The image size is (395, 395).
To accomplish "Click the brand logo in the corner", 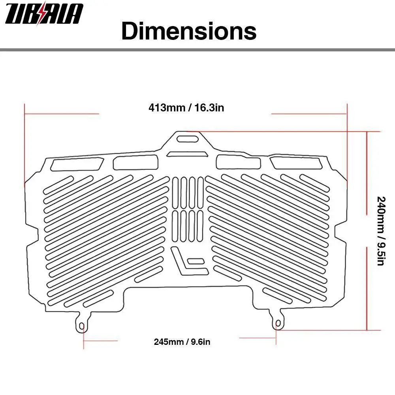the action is click(44, 13).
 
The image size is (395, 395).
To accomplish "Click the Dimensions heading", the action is click(189, 31).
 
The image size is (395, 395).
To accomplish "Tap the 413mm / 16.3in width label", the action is click(186, 107).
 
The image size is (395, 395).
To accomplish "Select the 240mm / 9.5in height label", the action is click(381, 231).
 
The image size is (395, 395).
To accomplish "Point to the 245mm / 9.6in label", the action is click(182, 342).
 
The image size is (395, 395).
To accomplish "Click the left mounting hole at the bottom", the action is click(82, 327).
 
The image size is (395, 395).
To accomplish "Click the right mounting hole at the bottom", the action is click(278, 324).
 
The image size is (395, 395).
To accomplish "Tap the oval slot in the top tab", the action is click(188, 139).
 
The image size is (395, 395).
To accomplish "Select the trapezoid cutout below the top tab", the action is click(188, 154).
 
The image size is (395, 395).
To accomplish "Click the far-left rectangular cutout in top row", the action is click(77, 164).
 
